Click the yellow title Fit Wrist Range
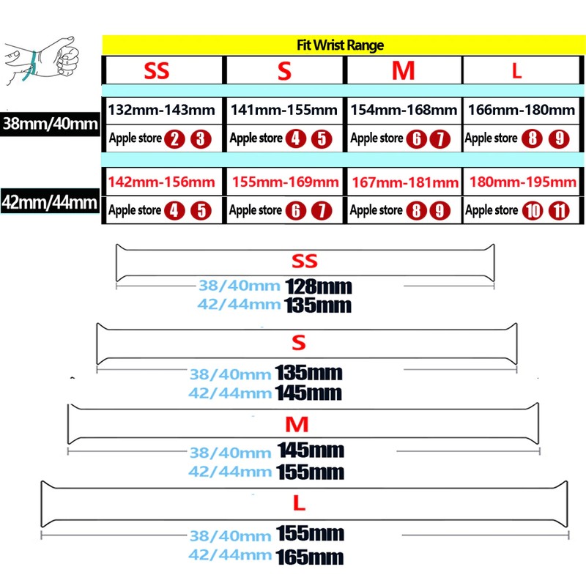(x=341, y=45)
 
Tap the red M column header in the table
(x=403, y=71)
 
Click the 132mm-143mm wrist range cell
(x=162, y=111)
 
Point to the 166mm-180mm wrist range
(x=520, y=111)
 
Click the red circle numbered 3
(x=201, y=138)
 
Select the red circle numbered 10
(x=533, y=211)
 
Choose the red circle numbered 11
(x=560, y=211)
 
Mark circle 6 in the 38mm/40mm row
(x=416, y=138)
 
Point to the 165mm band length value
(x=310, y=557)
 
